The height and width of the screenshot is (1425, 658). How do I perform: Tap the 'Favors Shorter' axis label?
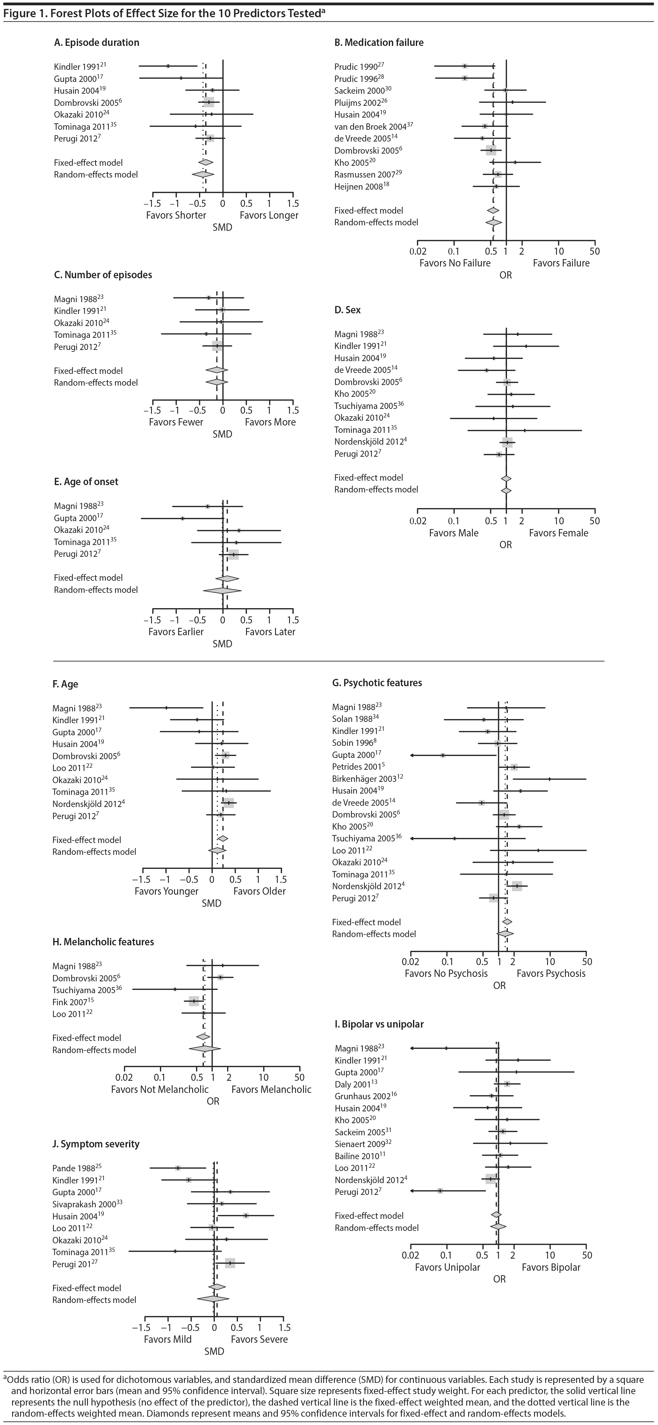[x=176, y=215]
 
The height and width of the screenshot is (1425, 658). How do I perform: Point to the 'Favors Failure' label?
[x=561, y=263]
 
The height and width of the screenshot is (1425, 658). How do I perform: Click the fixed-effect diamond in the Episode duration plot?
[x=205, y=163]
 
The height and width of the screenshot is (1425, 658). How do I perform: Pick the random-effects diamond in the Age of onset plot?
[x=222, y=590]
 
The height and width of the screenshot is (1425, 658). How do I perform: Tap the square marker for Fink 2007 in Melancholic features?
[x=193, y=1001]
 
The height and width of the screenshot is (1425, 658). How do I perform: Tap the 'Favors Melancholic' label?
[x=271, y=1089]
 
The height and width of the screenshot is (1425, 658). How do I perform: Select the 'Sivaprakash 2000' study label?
[x=84, y=1204]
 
